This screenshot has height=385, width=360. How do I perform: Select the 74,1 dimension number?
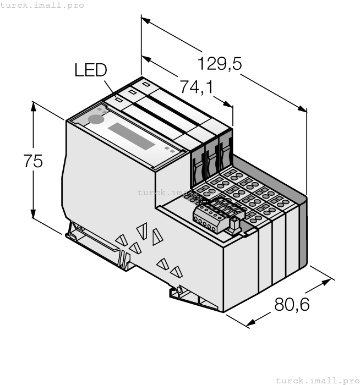197,87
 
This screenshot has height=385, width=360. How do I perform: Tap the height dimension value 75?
33,161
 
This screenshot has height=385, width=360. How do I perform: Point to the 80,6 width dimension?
292,304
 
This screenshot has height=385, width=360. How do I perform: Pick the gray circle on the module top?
96,119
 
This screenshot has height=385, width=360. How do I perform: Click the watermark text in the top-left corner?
42,5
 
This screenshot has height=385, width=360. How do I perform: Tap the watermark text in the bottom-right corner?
317,380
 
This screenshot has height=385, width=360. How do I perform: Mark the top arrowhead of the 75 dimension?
34,105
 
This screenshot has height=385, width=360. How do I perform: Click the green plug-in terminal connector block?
216,215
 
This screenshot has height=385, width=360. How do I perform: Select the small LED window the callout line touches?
118,101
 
